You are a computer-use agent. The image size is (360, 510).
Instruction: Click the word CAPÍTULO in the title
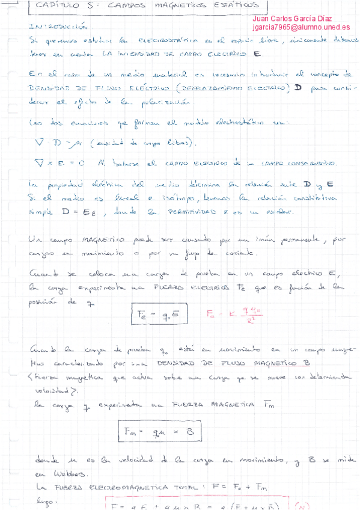(52, 5)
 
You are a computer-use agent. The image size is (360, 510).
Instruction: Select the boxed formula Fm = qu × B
(154, 431)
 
